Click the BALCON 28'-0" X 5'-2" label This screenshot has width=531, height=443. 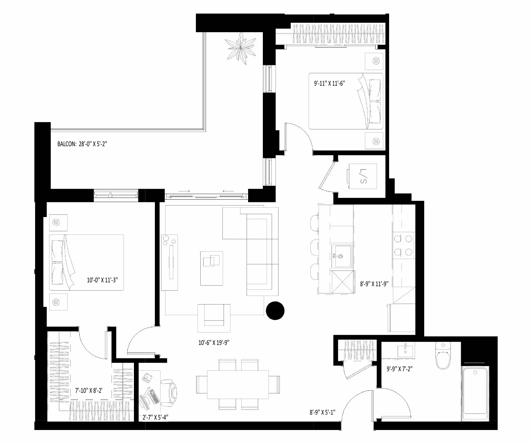pos(82,144)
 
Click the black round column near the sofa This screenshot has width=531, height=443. pos(275,310)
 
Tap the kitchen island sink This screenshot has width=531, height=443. pos(341,256)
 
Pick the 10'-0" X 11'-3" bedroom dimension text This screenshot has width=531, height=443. pos(102,280)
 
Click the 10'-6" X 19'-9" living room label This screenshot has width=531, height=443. pos(214,343)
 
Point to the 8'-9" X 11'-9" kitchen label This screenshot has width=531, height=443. pos(374,284)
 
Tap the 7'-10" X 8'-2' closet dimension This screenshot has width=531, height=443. pos(89,390)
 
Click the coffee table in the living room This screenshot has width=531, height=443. pos(212,268)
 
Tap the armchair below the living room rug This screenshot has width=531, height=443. pos(214,317)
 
